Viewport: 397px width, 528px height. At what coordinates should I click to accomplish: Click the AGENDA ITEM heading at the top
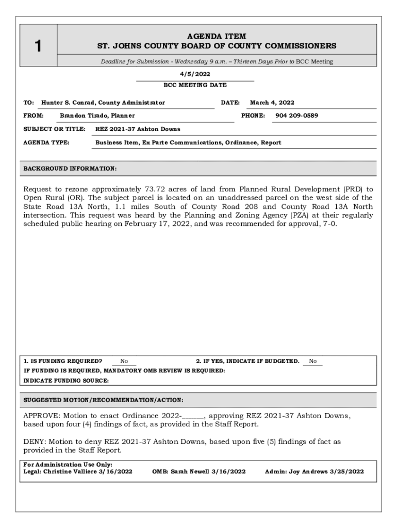217,36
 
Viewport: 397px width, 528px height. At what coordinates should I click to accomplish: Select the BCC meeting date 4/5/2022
194,74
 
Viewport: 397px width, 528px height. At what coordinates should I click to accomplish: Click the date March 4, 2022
272,103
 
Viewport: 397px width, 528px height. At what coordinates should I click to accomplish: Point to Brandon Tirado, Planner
97,115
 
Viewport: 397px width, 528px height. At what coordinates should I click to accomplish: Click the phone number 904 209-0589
296,115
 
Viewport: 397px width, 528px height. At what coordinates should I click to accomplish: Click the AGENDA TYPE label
46,142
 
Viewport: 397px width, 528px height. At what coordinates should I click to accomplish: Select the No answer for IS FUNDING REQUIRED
124,361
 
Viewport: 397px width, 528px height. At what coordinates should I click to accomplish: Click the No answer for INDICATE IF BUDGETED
312,361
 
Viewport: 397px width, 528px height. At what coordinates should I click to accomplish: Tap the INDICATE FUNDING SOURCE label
66,381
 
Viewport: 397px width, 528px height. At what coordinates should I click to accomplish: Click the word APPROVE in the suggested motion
42,415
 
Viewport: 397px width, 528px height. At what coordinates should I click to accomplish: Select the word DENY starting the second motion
34,441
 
